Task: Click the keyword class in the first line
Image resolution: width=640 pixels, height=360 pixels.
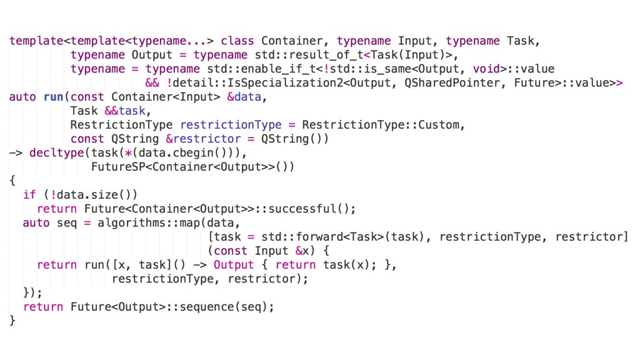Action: tap(237, 41)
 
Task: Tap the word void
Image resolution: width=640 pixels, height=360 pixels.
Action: tap(486, 69)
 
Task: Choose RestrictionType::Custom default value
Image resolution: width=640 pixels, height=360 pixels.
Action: tap(382, 124)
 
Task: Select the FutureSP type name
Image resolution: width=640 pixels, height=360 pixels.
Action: tap(118, 167)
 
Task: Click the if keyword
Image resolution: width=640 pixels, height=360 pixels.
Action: tap(29, 194)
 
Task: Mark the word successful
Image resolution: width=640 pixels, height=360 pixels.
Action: tap(308, 209)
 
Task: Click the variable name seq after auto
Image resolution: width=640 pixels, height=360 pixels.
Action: tap(67, 222)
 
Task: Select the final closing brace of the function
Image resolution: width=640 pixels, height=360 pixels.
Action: tap(12, 321)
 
